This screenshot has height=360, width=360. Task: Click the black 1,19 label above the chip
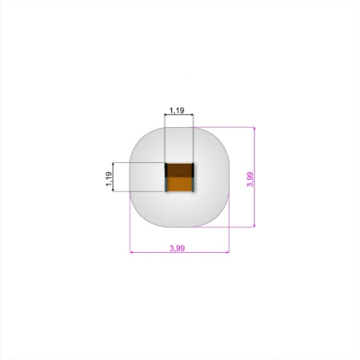(176, 111)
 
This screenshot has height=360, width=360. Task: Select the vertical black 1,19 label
(109, 179)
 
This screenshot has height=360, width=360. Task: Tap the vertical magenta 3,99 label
(250, 179)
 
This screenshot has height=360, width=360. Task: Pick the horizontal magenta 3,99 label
(177, 248)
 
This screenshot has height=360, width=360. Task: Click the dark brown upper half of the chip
(179, 170)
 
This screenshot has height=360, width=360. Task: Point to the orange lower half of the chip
(179, 184)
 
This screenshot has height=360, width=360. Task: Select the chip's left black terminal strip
(166, 177)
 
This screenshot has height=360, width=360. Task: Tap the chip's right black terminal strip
(193, 177)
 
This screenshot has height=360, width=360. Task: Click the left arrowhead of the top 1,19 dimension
(166, 114)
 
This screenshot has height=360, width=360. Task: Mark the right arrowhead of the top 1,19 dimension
(192, 114)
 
